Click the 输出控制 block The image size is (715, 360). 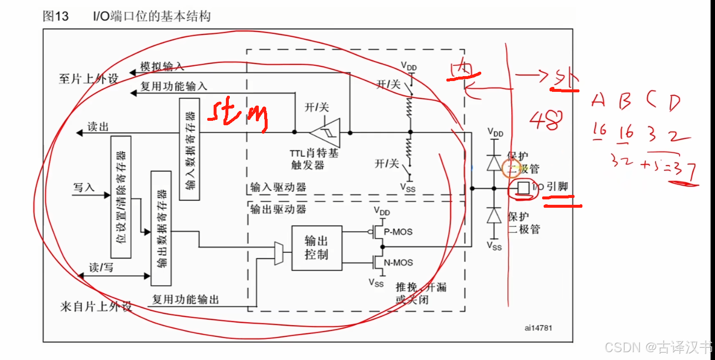point(316,248)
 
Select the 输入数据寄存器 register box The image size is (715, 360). point(190,149)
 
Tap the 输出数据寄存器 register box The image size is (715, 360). point(161,228)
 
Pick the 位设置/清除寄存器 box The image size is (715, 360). point(121,197)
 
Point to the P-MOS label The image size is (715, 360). point(398,231)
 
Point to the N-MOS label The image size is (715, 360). point(398,263)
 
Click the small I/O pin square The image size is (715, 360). point(524,188)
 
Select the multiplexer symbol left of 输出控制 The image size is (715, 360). point(278,253)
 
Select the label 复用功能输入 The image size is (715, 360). point(174,86)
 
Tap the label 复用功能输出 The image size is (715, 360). point(185,299)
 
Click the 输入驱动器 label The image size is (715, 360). point(278,187)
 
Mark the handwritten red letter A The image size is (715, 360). point(598,100)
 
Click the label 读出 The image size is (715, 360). point(97,127)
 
